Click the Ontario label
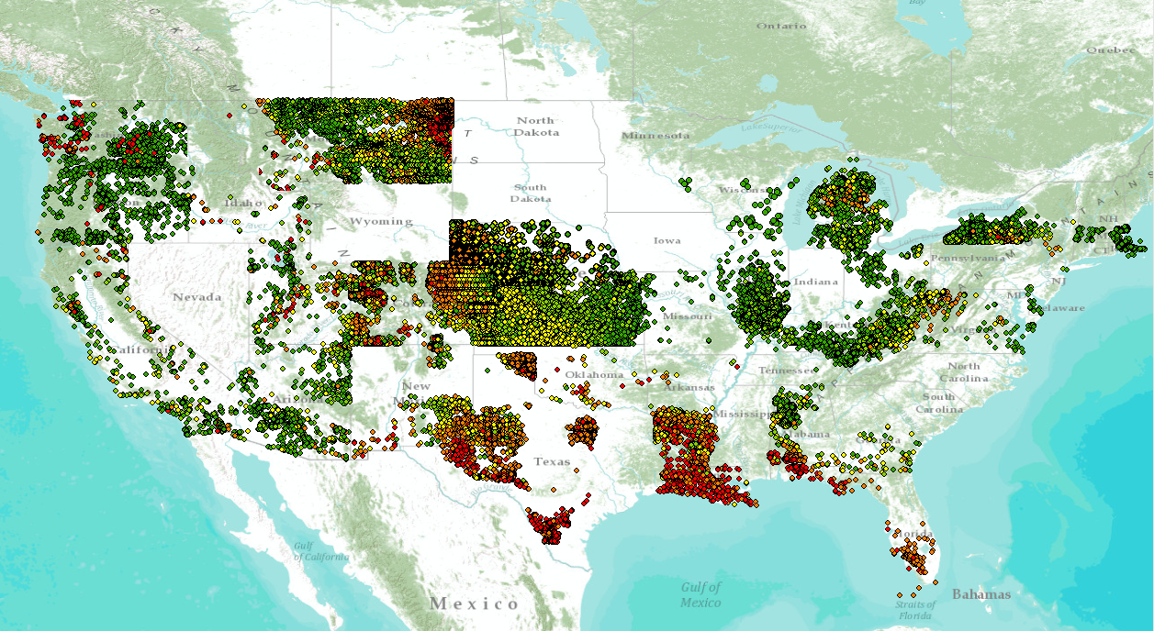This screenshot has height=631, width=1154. [x=781, y=26]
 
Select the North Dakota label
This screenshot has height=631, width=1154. [x=535, y=127]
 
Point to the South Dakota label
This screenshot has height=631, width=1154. [x=531, y=193]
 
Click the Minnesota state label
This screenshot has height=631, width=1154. [x=655, y=136]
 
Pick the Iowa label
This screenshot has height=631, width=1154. [x=667, y=240]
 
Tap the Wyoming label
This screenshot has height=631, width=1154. [x=380, y=221]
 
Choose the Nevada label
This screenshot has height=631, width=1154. [x=197, y=296]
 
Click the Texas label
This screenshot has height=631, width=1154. [x=553, y=461]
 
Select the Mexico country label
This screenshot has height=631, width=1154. [x=475, y=603]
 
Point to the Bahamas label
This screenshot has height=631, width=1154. [x=981, y=594]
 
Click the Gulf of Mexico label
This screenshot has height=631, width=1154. [x=700, y=594]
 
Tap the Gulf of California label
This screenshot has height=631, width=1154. [x=321, y=551]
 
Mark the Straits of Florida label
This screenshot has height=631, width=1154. [x=915, y=610]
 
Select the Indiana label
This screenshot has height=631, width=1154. [x=815, y=282]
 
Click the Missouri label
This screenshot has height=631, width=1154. [x=688, y=315]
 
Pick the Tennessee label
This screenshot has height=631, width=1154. [x=784, y=371]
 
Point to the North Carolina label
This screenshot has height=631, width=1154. [x=964, y=371]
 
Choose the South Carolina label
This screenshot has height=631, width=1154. [x=939, y=403]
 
